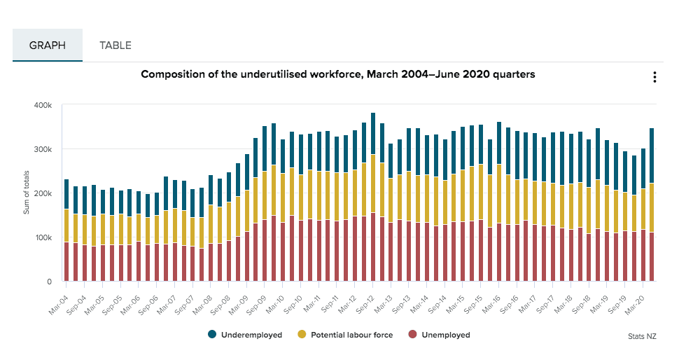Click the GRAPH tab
48,46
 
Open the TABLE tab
115,46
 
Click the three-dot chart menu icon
654,77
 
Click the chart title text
338,74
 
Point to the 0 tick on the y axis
49,282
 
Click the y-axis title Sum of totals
27,193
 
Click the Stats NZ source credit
643,336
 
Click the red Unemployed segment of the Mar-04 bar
66,262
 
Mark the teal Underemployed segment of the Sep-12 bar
373,134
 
